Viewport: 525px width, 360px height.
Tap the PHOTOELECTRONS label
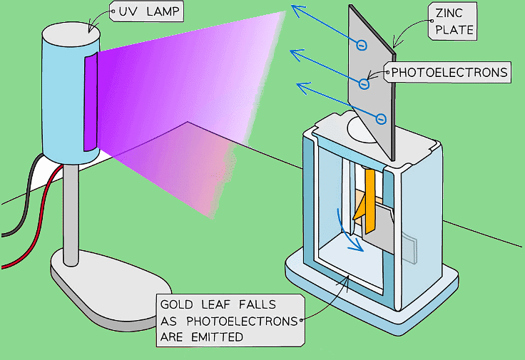pos(449,72)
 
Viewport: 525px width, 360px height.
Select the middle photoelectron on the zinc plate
pos(364,84)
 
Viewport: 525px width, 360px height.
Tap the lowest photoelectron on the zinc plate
pos(381,118)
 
